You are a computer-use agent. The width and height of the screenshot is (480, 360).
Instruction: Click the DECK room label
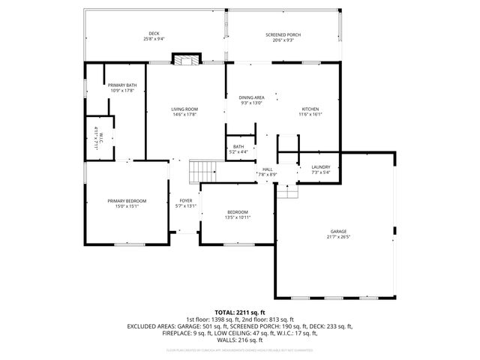pos(154,34)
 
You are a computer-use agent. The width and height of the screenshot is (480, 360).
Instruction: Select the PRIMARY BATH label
pos(121,86)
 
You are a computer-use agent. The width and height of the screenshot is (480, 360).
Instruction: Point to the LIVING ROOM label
pos(184,109)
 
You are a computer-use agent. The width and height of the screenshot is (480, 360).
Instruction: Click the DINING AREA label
pos(251,98)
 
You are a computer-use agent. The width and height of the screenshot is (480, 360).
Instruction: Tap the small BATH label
pos(238,146)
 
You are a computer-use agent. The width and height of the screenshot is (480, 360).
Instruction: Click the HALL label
pos(268,169)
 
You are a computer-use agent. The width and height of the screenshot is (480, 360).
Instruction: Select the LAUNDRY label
pos(310,167)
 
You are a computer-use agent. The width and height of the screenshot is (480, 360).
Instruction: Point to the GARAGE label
pos(339,232)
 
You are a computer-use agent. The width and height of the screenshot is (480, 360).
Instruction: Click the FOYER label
pos(184,201)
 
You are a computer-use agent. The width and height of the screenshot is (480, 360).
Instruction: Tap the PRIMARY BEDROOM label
pos(126,201)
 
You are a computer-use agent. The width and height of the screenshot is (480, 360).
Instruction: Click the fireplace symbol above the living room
pos(185,61)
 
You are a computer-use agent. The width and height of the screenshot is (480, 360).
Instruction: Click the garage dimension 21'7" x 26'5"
pos(339,237)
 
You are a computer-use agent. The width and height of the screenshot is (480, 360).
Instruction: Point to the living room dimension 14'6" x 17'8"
pos(184,115)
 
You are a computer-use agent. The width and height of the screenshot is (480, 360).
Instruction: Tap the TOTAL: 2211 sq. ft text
pos(239,312)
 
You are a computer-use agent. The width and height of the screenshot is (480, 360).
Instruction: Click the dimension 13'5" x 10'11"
pos(238,217)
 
